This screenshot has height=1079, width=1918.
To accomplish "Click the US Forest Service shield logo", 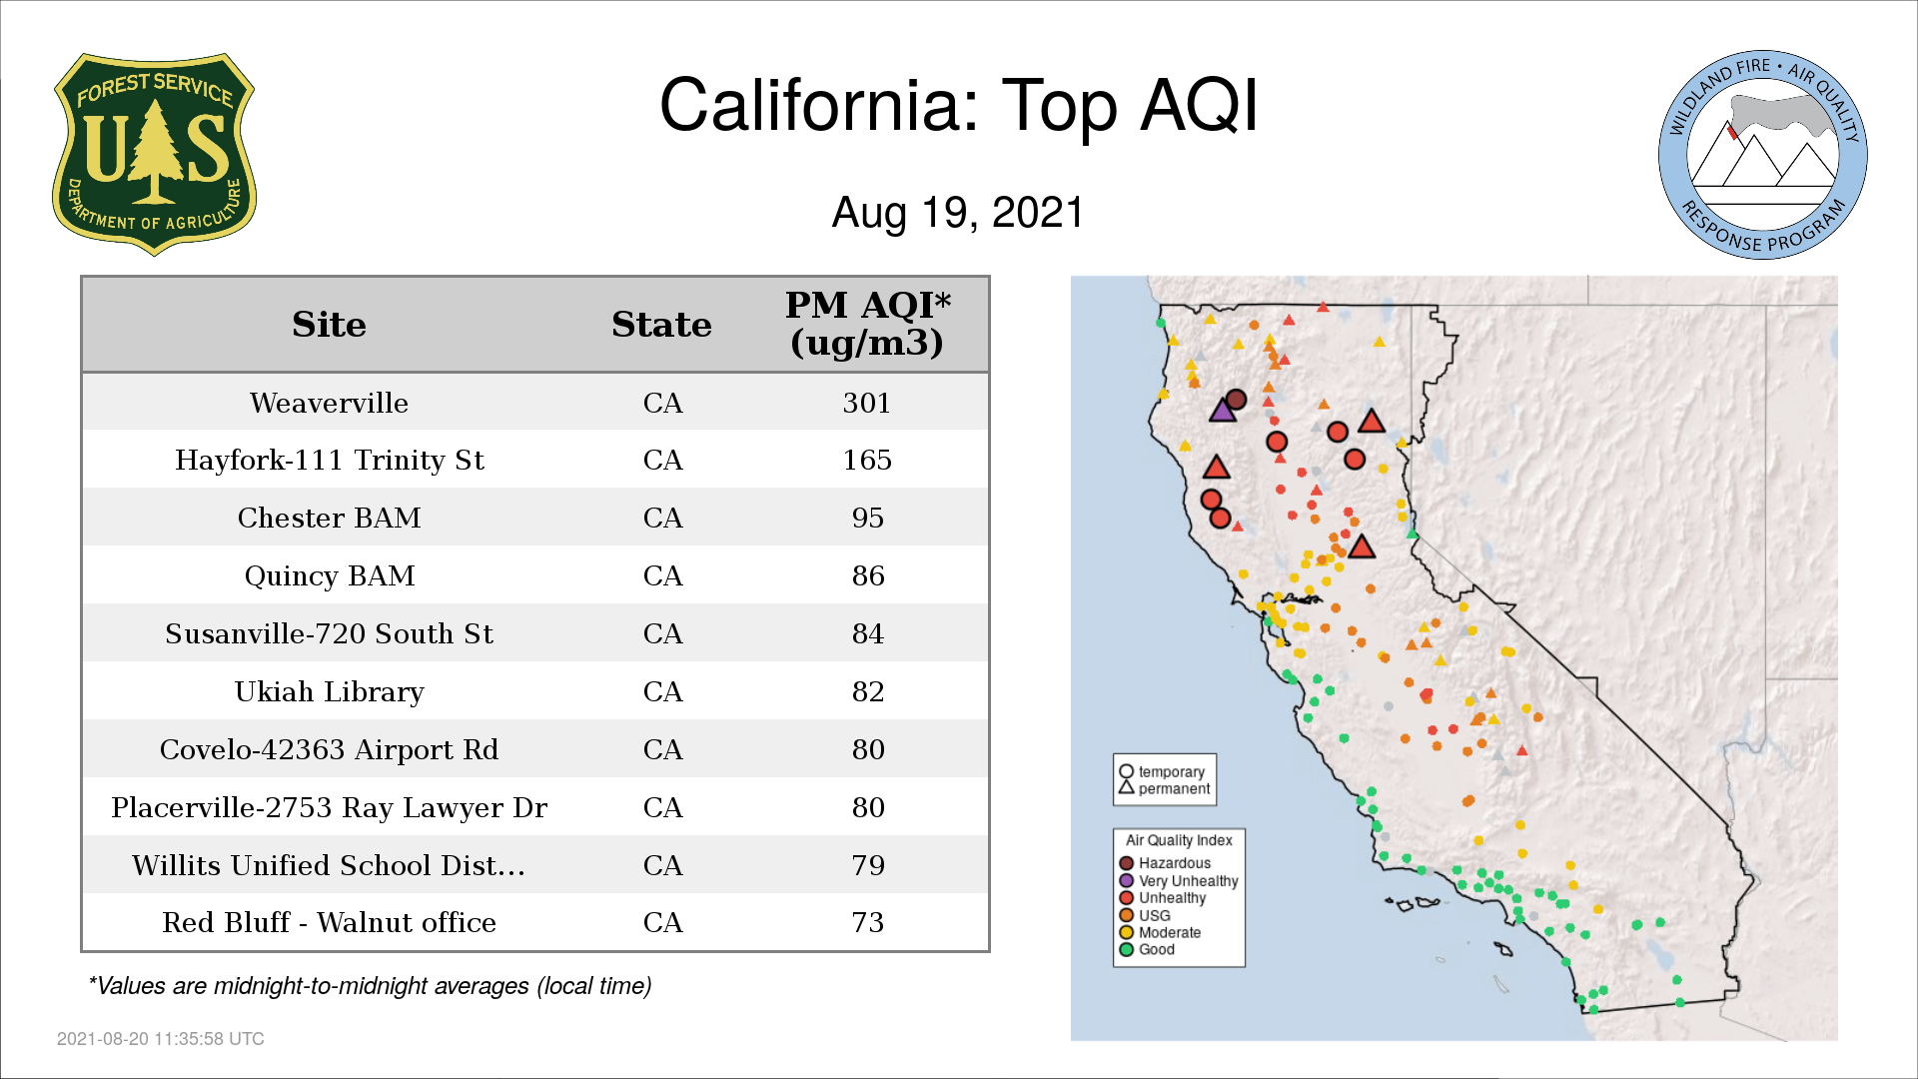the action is tap(154, 154).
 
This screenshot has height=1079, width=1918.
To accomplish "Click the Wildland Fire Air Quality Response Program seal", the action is tap(1763, 155).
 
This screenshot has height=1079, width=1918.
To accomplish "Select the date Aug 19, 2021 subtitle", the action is tap(958, 213).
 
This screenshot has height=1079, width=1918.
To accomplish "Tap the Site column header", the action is tap(329, 325).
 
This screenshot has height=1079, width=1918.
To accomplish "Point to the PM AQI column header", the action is tap(867, 324).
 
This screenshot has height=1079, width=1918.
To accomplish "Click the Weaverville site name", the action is tap(329, 403).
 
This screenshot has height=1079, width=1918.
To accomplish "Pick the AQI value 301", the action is tap(867, 403).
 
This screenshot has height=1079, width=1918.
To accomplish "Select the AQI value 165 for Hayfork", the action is tap(867, 460).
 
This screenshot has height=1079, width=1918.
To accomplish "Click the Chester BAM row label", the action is tap(329, 518).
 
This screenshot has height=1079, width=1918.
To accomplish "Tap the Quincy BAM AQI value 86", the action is tap(868, 575).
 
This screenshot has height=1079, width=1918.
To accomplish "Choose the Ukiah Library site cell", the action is tap(329, 691).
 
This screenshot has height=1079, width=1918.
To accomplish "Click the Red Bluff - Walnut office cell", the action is tap(329, 922).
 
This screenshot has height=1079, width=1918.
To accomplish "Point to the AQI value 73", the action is tap(868, 922).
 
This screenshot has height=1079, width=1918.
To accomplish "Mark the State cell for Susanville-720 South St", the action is tap(662, 633).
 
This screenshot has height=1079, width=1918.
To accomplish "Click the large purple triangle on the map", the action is tap(1223, 410).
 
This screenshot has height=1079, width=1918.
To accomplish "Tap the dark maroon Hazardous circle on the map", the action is tap(1236, 400).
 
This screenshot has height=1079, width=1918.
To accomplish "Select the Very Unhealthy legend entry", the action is tap(1179, 881).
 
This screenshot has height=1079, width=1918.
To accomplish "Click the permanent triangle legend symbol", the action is tap(1126, 787).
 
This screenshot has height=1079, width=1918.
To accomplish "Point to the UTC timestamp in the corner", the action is tap(161, 1039).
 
